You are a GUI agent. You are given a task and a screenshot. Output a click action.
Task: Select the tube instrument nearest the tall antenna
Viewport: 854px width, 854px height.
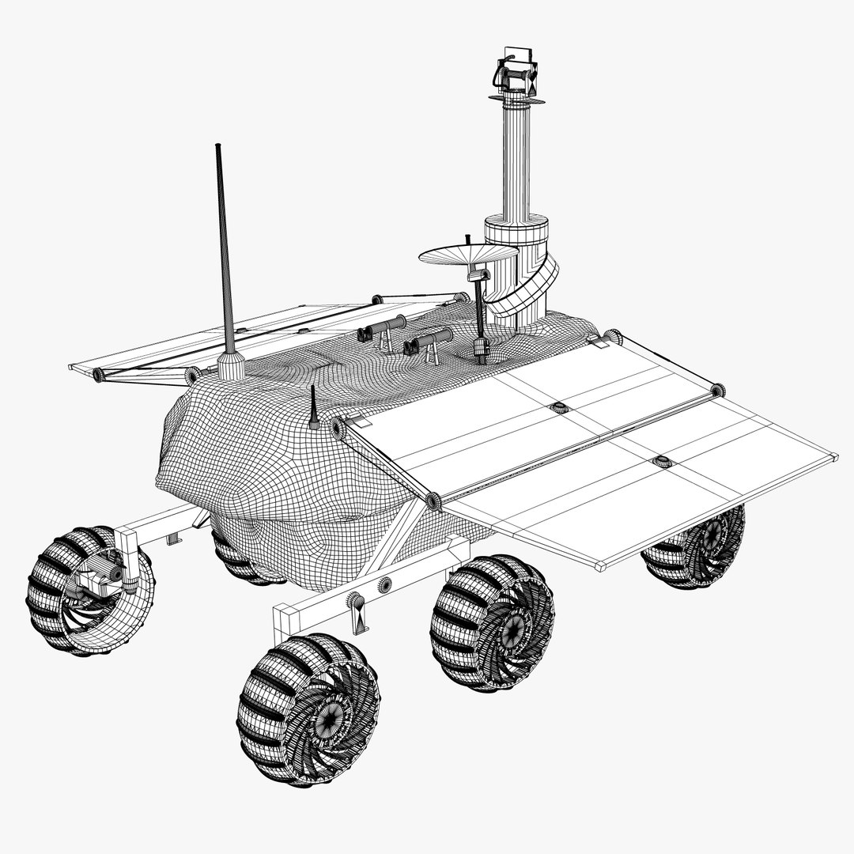(386, 326)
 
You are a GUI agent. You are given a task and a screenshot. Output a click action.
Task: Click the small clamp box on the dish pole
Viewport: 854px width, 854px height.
(478, 274)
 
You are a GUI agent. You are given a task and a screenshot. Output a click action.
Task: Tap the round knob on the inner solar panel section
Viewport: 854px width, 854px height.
(559, 408)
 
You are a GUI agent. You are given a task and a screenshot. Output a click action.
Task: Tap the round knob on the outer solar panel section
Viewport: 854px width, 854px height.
(661, 461)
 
